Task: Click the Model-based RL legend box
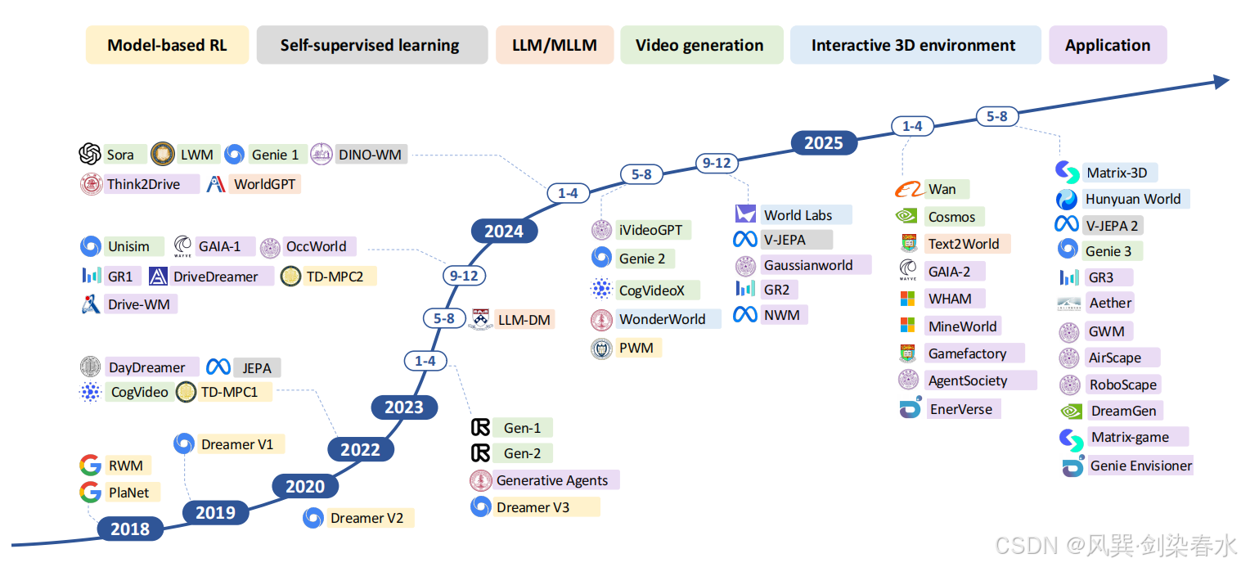167,45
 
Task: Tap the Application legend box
1107,45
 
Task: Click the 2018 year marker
130,529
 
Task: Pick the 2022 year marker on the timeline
360,449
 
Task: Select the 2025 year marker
823,143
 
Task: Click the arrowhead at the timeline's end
1220,80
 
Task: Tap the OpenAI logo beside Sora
90,154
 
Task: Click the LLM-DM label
524,319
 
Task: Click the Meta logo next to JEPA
218,367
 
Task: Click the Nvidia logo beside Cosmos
906,217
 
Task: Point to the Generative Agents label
553,480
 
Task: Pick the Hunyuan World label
1133,199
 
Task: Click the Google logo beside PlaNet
90,493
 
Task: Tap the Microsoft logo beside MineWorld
907,326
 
